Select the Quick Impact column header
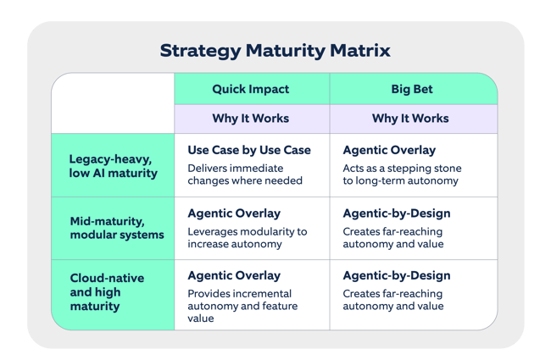pos(251,88)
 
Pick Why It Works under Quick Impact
pos(251,118)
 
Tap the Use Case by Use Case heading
pos(249,150)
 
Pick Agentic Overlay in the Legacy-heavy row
pos(389,150)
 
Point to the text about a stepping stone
pos(402,174)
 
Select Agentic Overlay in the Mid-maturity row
pos(233,213)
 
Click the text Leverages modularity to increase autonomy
pos(247,238)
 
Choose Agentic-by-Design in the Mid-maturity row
pos(397,213)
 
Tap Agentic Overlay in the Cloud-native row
pos(233,275)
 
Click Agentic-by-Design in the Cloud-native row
pos(397,275)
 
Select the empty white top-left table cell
pos(113,102)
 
